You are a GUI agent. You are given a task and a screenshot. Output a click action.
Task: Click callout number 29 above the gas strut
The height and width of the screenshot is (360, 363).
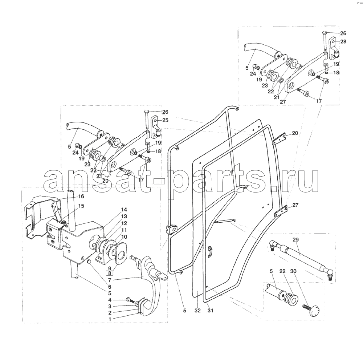click(295, 240)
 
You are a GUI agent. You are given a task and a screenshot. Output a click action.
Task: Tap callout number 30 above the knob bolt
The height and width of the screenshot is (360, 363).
click(293, 271)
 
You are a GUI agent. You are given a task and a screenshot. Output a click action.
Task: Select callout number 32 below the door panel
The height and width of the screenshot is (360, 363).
click(197, 311)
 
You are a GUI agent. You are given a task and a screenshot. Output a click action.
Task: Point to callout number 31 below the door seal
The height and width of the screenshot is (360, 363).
click(210, 311)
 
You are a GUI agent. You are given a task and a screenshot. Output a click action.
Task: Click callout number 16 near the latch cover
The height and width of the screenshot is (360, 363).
click(81, 197)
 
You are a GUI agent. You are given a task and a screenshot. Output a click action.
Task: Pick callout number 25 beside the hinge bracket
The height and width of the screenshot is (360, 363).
click(165, 120)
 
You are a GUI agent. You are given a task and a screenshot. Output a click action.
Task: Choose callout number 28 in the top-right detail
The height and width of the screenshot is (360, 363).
click(343, 41)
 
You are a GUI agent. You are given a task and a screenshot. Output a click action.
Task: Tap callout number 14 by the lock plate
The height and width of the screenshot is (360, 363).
click(124, 210)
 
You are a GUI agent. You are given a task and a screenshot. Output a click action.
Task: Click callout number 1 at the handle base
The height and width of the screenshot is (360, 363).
click(110, 319)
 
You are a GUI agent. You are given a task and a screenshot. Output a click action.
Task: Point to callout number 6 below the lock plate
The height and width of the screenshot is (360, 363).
click(110, 287)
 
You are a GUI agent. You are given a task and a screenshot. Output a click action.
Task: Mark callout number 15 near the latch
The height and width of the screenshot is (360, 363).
click(81, 206)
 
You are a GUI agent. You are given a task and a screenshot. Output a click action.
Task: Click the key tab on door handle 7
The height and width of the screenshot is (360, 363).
click(163, 276)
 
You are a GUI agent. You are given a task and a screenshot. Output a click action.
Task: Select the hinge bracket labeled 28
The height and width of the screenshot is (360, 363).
click(334, 47)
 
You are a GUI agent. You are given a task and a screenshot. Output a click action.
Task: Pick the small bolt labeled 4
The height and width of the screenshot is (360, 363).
click(131, 300)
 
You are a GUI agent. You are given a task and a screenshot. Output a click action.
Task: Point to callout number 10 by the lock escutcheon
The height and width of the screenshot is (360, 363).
click(124, 237)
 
